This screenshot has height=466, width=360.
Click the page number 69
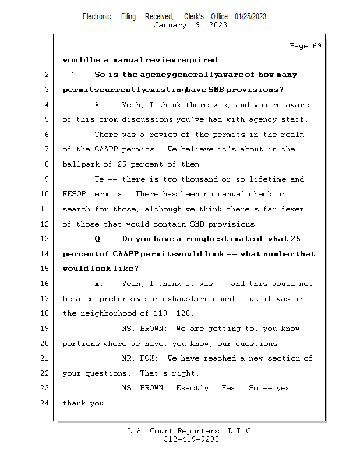click(x=316, y=46)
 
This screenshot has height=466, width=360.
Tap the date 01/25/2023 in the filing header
click(x=250, y=16)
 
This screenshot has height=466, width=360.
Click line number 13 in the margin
click(x=46, y=239)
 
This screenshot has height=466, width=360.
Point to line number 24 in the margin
click(x=46, y=403)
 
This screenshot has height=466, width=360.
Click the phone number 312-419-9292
click(x=191, y=439)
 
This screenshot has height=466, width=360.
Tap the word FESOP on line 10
click(x=73, y=194)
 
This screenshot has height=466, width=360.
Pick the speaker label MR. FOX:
click(x=140, y=358)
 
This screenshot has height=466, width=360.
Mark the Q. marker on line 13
click(x=98, y=239)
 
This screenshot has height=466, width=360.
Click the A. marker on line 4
click(x=98, y=105)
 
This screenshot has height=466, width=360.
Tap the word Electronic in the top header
click(x=97, y=16)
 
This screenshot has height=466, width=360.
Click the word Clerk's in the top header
click(x=194, y=16)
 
